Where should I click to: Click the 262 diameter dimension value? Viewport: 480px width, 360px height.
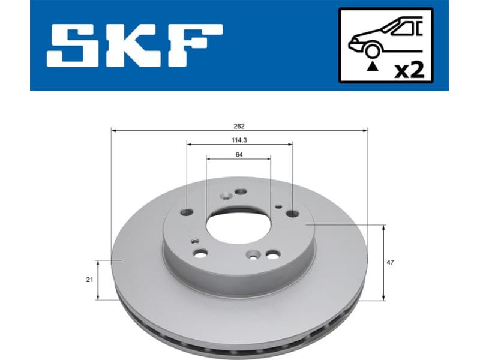click(239, 127)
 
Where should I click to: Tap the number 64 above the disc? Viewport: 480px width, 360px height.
click(239, 154)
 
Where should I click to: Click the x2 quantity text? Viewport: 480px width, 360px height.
click(410, 70)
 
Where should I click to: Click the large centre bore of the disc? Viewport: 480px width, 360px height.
click(238, 228)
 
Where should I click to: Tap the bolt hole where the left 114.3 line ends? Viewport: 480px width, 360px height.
click(187, 212)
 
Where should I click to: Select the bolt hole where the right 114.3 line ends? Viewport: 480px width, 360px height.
click(292, 213)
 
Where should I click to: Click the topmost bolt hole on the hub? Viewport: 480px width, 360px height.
click(241, 192)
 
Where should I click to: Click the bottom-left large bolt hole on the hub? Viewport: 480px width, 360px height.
click(202, 253)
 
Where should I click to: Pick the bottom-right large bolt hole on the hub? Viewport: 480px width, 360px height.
click(272, 255)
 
